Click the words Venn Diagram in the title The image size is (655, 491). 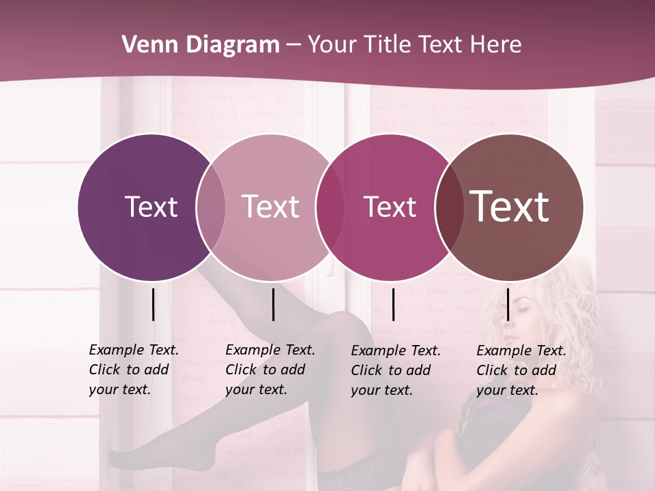201,45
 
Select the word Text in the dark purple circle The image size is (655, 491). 151,207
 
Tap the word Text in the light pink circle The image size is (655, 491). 271,207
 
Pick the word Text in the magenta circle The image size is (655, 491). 390,207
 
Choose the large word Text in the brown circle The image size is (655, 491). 510,207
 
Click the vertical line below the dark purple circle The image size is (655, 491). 153,304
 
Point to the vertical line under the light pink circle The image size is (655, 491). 273,304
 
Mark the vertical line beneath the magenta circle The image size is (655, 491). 393,304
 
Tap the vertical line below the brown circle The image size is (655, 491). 508,304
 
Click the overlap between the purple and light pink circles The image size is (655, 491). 211,207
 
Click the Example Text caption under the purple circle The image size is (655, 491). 134,370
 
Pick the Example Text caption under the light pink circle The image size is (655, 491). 270,370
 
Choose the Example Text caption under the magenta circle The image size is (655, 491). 396,370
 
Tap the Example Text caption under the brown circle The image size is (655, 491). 521,370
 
